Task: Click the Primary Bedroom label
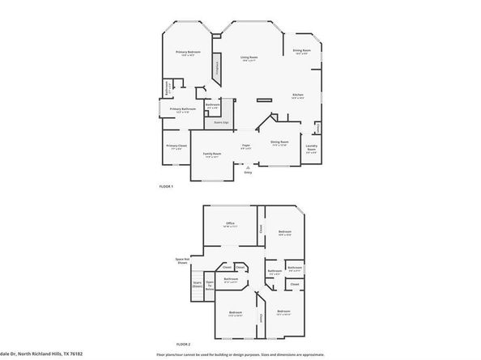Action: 188,53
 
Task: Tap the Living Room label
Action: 249,57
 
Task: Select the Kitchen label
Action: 298,95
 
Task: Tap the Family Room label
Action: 211,154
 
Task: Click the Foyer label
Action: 245,146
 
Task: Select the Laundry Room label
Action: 311,148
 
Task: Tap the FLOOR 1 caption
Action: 166,187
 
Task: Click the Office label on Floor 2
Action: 229,224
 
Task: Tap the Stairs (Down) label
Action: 197,284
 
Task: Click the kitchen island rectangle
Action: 265,100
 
